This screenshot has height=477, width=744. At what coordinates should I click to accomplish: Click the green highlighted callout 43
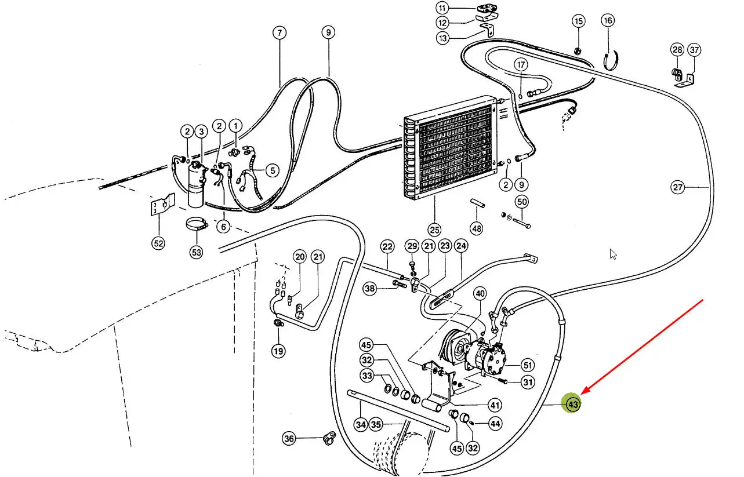tap(572, 405)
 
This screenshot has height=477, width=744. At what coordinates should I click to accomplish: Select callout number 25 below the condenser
tap(434, 230)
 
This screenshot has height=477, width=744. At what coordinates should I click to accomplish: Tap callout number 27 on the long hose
tap(678, 187)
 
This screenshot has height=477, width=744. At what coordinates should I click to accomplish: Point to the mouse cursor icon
tap(613, 254)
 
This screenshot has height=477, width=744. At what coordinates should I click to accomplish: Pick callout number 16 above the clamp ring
tap(608, 21)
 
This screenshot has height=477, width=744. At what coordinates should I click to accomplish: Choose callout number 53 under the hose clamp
tap(197, 252)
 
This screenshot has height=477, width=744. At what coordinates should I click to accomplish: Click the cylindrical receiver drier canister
tap(195, 185)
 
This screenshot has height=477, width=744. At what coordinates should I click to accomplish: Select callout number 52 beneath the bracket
tap(158, 243)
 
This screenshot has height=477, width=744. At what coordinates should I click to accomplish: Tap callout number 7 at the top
tap(280, 32)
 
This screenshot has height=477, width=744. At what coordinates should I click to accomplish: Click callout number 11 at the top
tap(442, 8)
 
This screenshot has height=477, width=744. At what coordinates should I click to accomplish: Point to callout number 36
tap(289, 439)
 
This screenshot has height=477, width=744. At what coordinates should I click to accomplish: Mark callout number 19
tap(278, 351)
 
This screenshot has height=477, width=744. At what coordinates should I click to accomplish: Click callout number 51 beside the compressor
tap(528, 365)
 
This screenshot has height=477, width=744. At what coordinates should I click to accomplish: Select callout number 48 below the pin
tap(477, 229)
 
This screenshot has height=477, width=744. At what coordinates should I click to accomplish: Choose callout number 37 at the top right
tap(694, 50)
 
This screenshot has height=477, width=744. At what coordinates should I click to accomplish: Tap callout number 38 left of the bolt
tap(369, 289)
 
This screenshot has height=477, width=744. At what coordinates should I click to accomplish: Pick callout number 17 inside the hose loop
tap(521, 64)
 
